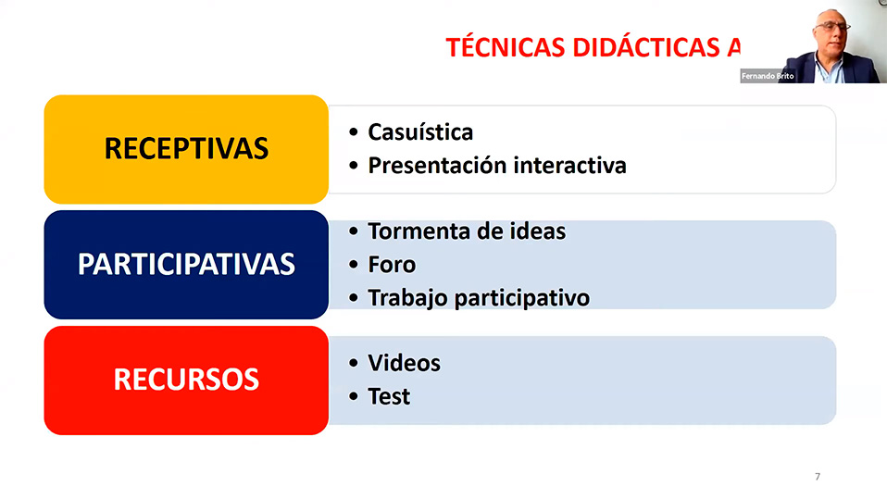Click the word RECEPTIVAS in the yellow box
[186, 149]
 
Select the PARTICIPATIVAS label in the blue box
[186, 264]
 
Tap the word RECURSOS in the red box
[186, 380]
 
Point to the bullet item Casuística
[420, 132]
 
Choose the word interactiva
[570, 166]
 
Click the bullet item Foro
[392, 265]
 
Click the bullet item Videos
[404, 363]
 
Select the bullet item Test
[389, 396]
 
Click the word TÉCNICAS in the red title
[506, 47]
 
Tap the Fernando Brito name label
[768, 76]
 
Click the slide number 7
[818, 477]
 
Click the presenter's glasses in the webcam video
[831, 26]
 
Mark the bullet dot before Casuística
[354, 132]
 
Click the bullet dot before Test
[354, 396]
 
